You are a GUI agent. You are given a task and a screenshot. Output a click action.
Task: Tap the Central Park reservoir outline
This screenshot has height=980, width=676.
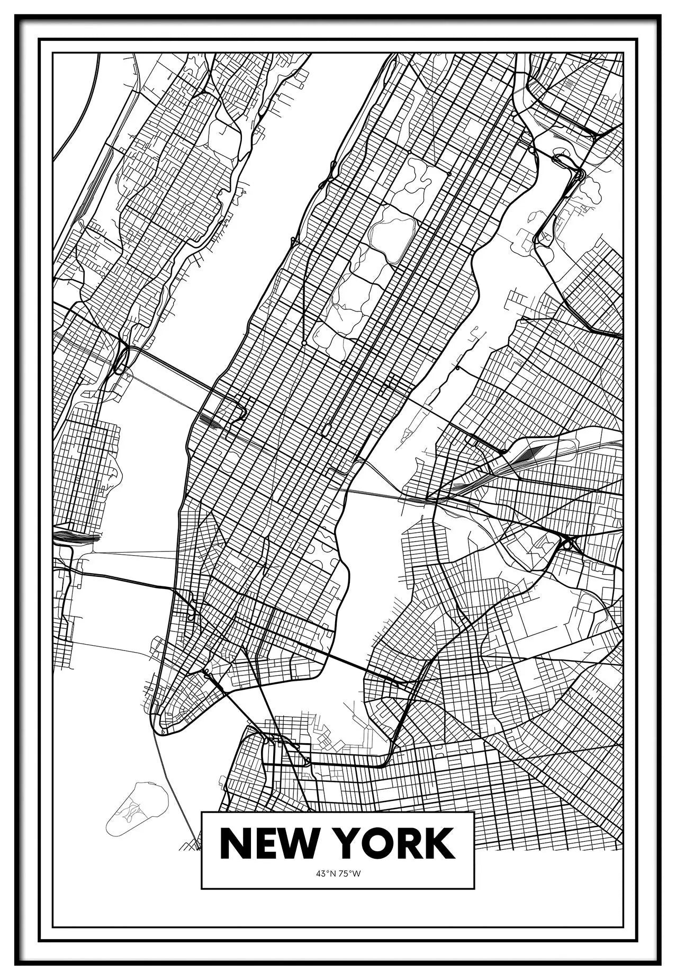(x=392, y=233)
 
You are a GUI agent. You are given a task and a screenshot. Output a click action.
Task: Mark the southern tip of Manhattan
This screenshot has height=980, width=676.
(x=159, y=728)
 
